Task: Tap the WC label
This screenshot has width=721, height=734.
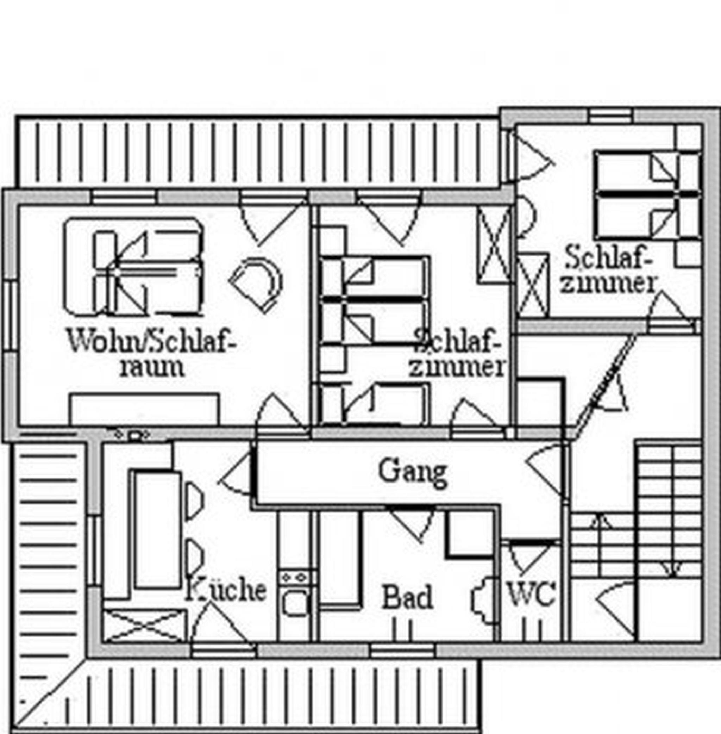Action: (531, 594)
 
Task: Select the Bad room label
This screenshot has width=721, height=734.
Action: (407, 597)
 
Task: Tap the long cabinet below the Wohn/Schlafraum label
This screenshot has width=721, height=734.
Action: (145, 409)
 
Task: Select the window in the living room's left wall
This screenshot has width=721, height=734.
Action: (11, 316)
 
